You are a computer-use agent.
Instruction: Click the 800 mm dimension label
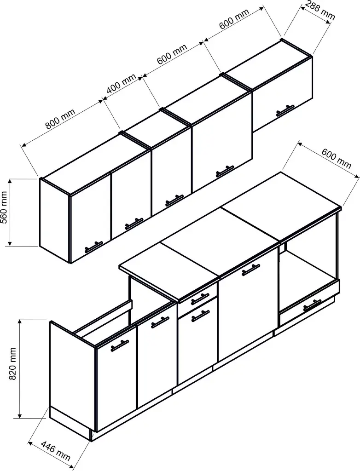click(60, 119)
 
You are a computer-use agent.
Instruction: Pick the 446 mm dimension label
click(56, 451)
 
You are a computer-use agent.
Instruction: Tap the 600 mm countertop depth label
click(336, 158)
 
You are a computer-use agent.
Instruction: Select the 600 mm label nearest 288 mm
click(234, 19)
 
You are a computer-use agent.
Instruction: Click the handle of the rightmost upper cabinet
click(285, 110)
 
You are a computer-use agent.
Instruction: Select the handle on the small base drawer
click(200, 298)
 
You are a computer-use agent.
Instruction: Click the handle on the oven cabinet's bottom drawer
click(313, 304)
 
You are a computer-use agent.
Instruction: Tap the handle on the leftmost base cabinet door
click(119, 345)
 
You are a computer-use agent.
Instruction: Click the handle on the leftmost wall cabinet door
click(94, 247)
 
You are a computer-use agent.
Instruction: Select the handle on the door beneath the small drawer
click(200, 316)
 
